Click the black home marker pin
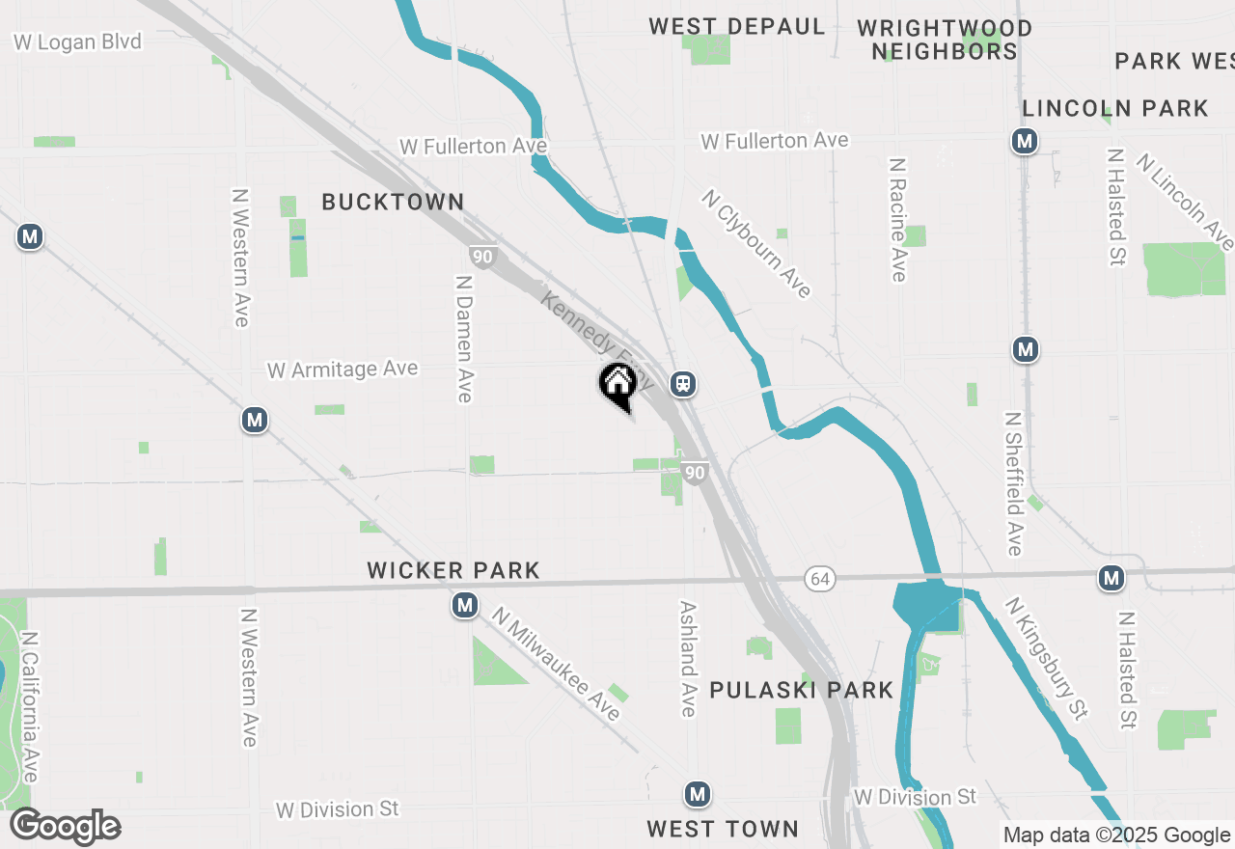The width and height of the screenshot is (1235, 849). (x=617, y=385)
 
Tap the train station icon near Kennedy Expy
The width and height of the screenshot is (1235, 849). (x=683, y=384)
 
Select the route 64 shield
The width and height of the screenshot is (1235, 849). (x=819, y=579)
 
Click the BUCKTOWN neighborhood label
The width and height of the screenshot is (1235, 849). (x=393, y=202)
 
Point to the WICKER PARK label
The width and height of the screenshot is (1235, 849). (x=453, y=571)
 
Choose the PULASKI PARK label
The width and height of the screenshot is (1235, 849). (x=802, y=690)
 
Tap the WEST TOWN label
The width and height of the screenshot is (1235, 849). (x=723, y=829)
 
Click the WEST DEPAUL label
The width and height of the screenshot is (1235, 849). (x=737, y=26)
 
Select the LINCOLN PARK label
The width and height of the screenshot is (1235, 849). (x=1115, y=108)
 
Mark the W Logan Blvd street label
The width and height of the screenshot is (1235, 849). (x=77, y=41)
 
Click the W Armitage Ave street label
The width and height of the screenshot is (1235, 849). (x=343, y=370)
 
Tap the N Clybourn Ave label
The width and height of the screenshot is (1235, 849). (x=757, y=243)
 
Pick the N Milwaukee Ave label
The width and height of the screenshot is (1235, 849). (x=556, y=663)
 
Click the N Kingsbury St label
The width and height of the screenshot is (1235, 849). (x=1046, y=658)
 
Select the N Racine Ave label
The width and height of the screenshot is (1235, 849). (x=897, y=220)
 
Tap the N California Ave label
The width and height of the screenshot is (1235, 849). (x=30, y=707)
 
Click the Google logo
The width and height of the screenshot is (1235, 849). (x=66, y=826)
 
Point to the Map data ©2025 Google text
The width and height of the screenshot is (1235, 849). (x=1116, y=835)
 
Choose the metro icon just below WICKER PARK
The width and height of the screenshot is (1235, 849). (x=465, y=606)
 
